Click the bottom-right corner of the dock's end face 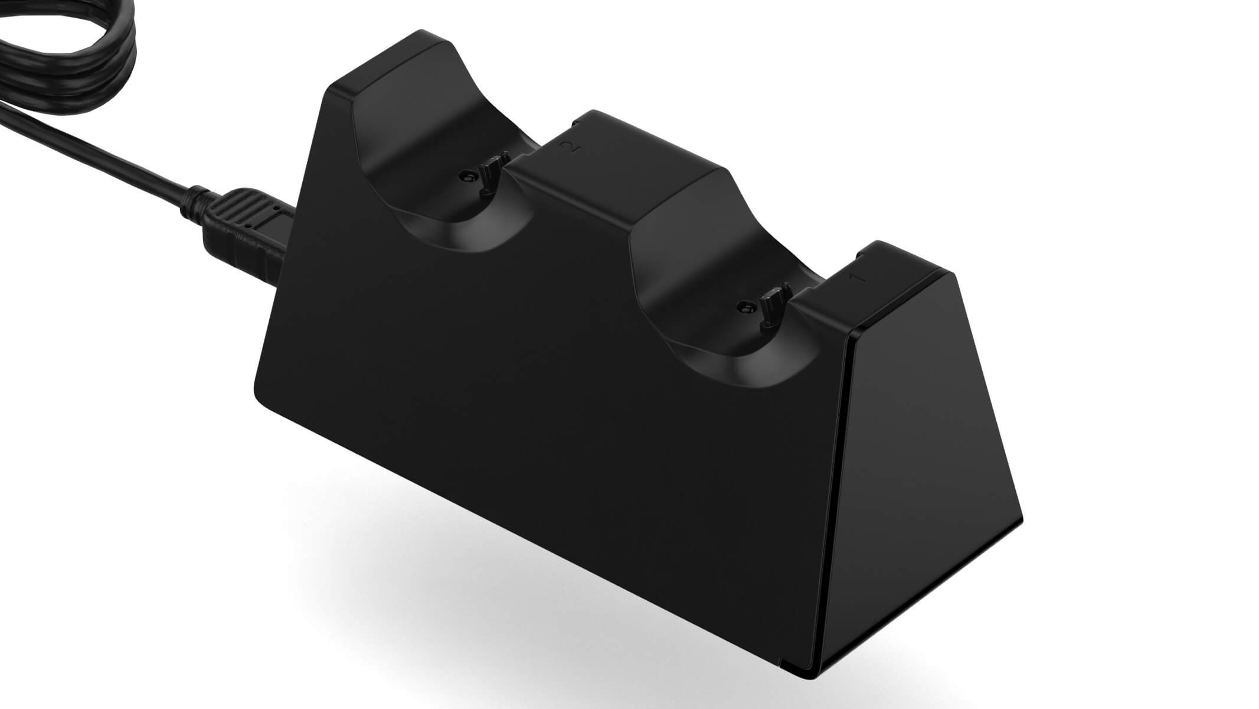pyautogui.click(x=1020, y=520)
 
